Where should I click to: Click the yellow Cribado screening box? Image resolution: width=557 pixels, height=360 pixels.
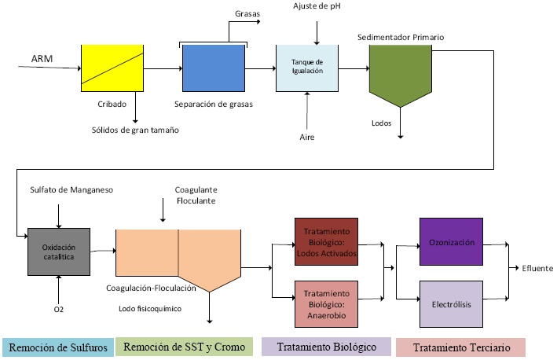tap(112, 68)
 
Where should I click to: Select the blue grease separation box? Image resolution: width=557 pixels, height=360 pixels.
tap(214, 68)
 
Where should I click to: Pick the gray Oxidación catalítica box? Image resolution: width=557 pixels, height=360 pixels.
tap(58, 252)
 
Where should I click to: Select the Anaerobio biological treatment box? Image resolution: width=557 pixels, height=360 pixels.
tap(326, 303)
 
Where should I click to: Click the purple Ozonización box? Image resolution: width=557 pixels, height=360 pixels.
tap(450, 243)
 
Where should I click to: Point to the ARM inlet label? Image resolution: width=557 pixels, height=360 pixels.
tap(42, 60)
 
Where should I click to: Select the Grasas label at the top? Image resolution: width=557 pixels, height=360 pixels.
tap(247, 13)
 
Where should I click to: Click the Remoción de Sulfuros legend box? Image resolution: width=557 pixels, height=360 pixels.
tap(57, 347)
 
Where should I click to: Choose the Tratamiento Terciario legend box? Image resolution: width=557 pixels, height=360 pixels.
tap(461, 347)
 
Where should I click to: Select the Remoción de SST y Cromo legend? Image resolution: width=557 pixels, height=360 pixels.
tap(185, 347)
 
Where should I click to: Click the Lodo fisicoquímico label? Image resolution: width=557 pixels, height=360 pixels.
tap(150, 309)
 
